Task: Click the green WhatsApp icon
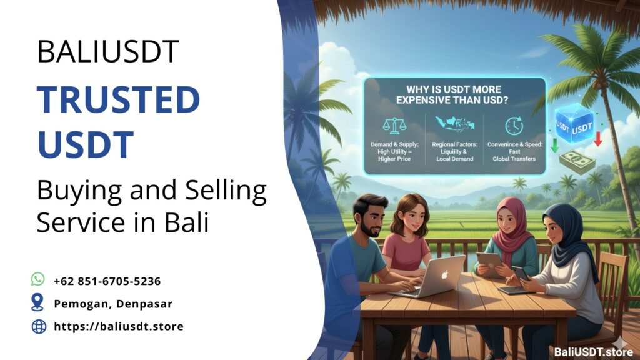(x=38, y=279)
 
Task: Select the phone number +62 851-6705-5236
(x=107, y=281)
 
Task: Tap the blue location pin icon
(x=38, y=303)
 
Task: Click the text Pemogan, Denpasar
(x=113, y=304)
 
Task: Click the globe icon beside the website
(x=39, y=326)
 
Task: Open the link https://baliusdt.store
(x=119, y=326)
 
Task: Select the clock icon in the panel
(x=514, y=125)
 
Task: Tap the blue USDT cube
(x=573, y=126)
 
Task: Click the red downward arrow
(x=598, y=139)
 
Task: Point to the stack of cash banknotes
(x=576, y=161)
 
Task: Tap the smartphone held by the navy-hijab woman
(x=519, y=273)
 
